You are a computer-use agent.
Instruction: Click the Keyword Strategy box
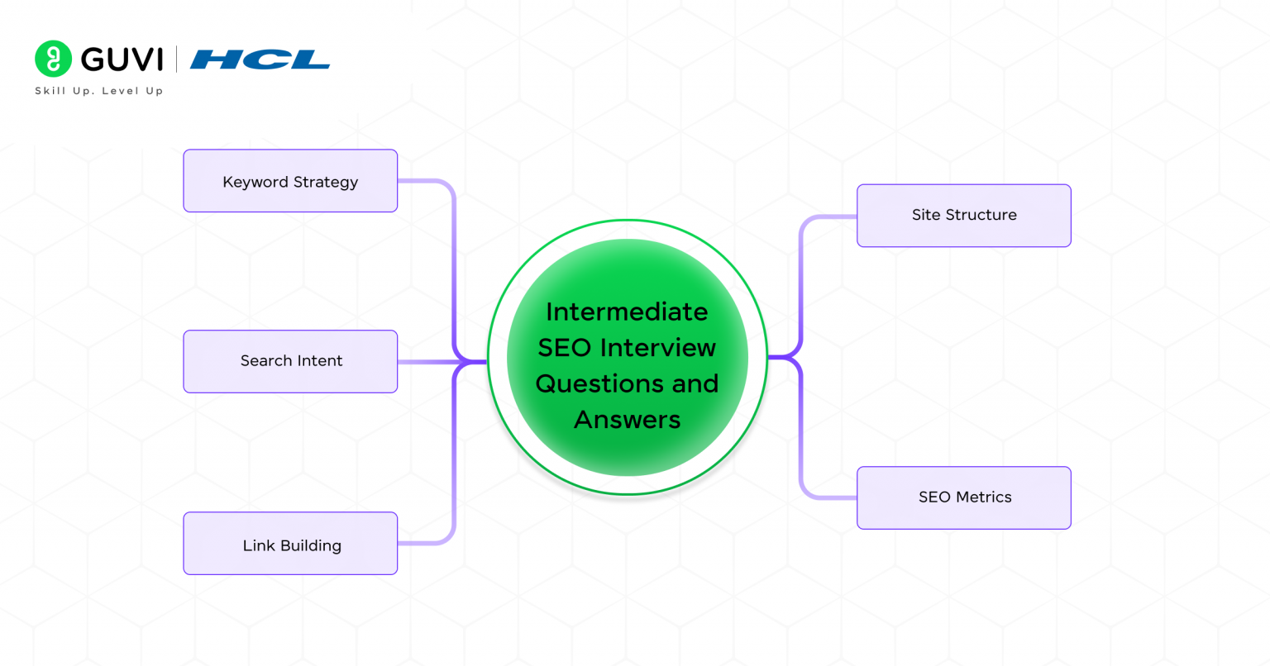[x=290, y=181]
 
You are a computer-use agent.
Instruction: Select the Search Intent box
[x=290, y=361]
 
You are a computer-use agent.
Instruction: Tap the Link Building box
[x=290, y=544]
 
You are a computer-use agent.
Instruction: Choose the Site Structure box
[x=964, y=216]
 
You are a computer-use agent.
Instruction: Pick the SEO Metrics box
[x=964, y=497]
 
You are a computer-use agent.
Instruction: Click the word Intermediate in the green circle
[x=627, y=312]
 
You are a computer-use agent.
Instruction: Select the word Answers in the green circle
[x=627, y=420]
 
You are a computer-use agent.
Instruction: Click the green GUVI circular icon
[x=54, y=59]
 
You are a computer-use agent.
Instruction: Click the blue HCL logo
[x=260, y=59]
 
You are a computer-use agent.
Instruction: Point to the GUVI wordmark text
[x=122, y=59]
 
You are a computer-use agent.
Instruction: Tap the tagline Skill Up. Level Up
[x=98, y=91]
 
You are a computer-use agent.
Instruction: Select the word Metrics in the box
[x=983, y=497]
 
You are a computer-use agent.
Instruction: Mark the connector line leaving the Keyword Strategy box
[x=426, y=181]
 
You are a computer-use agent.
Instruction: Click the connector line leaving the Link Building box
[x=426, y=543]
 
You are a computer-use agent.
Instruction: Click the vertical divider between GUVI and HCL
[x=176, y=59]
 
